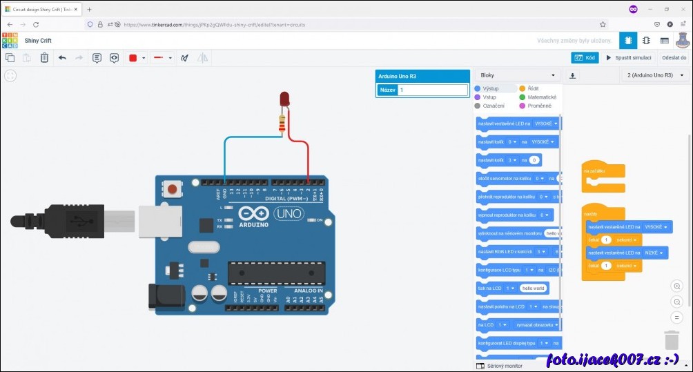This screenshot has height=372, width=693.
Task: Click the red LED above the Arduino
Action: point(283,99)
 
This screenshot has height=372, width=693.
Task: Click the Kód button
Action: point(585,58)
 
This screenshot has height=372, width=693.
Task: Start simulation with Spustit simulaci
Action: point(629,58)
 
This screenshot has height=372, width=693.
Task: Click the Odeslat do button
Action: point(674,58)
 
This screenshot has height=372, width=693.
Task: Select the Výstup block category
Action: point(490,88)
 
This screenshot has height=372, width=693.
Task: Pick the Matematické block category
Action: point(541,97)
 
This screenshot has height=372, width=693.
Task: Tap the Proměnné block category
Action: point(539,106)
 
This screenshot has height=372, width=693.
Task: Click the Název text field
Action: point(432,90)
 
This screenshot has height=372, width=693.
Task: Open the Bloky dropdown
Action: point(518,75)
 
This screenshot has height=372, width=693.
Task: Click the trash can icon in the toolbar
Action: point(44,58)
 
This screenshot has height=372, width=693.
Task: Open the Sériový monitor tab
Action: point(505,366)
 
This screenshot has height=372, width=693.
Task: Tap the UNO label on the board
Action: point(289,214)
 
